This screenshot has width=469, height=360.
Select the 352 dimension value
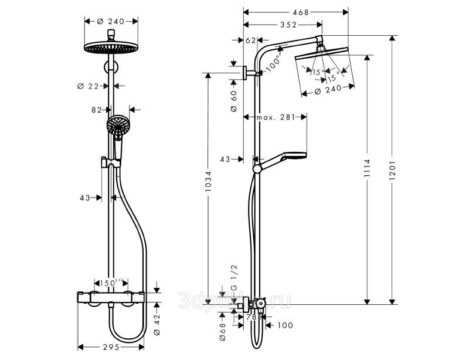[x=287, y=25]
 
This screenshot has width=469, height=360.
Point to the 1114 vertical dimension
[x=366, y=170]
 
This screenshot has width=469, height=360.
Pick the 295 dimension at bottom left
[x=111, y=347]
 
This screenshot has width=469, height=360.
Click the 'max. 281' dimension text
[x=274, y=118]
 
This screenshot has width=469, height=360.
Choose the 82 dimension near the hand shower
[x=97, y=109]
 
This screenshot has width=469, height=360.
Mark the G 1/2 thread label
[x=233, y=277]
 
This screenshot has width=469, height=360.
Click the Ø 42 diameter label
[x=157, y=322]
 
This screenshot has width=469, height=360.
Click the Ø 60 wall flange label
[x=233, y=101]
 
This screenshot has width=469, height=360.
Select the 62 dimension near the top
[x=250, y=40]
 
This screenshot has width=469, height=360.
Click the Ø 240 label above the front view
[x=111, y=21]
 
